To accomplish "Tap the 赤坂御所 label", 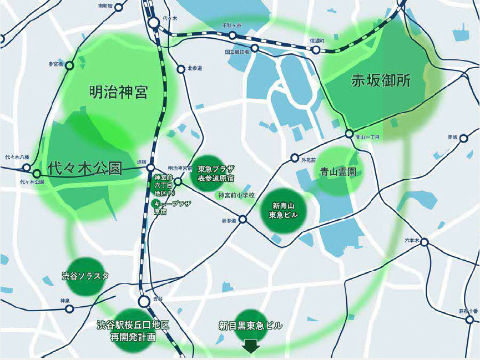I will [x=381, y=80].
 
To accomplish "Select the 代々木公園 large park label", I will [x=84, y=169].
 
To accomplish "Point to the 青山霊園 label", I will [x=338, y=173].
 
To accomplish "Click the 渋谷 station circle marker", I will [x=144, y=301].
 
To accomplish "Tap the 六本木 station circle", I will [x=425, y=242].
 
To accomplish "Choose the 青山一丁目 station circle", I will [x=348, y=134].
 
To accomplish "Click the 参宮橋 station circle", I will [x=69, y=65].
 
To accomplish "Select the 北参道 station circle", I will [x=180, y=69].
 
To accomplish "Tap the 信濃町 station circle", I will [x=316, y=50].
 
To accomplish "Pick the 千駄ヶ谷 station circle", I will [x=233, y=36].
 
